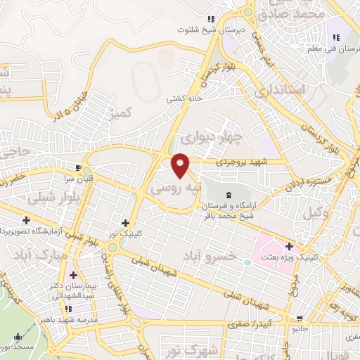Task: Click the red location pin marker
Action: [x=181, y=166]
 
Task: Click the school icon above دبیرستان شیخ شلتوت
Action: [x=210, y=19]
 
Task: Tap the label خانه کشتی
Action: [x=184, y=99]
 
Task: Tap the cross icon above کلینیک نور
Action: [x=125, y=223]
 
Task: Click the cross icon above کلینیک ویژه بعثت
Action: [x=289, y=246]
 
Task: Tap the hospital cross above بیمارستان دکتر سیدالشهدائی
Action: [x=73, y=274]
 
